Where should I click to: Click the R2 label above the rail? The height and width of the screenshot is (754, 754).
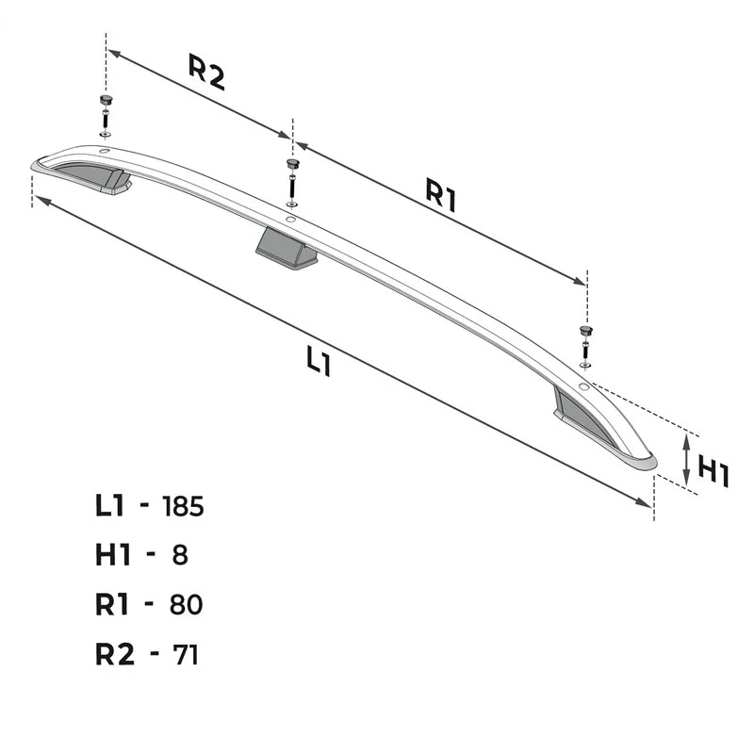coord(206,73)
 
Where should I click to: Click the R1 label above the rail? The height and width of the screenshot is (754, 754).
coord(441,194)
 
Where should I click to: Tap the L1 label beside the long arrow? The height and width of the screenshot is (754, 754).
coord(319,361)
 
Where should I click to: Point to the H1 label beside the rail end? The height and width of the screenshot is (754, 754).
coord(713,472)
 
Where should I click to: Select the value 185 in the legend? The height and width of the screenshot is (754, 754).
coord(183,506)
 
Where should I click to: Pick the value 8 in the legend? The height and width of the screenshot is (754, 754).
coord(180,555)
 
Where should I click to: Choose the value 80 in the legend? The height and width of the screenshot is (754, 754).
coord(186,604)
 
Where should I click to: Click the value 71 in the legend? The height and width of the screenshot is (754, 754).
coord(186,654)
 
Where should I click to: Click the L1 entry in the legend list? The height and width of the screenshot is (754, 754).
coord(110,506)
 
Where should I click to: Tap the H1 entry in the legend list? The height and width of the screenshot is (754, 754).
coord(113,555)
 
